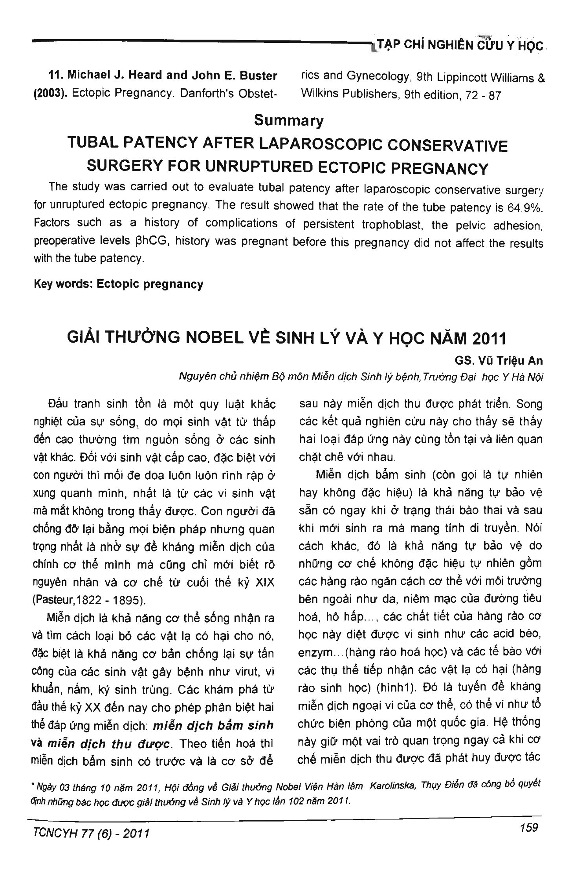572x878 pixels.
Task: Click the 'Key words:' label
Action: pyautogui.click(x=63, y=284)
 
